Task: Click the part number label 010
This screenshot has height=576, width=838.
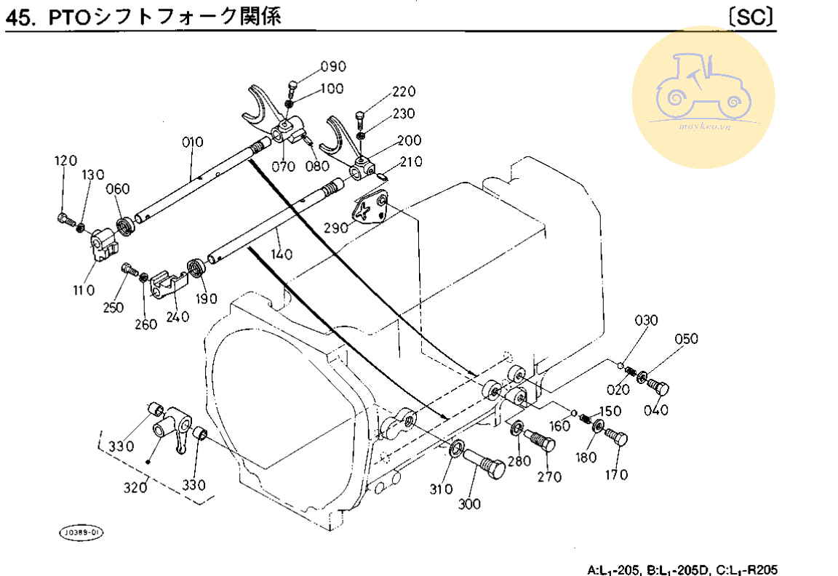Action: [193, 142]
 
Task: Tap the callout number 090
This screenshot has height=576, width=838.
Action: [333, 68]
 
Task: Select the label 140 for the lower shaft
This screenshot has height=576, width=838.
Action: [282, 255]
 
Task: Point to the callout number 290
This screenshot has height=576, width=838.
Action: [335, 228]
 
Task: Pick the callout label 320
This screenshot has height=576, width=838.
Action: [135, 487]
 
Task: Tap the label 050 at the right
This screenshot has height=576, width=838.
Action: [686, 338]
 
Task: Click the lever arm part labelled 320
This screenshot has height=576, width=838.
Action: [177, 431]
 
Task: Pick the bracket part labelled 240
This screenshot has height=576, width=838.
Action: [167, 284]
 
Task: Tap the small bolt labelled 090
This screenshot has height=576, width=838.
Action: [292, 88]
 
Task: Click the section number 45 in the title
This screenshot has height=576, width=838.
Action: [19, 17]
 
